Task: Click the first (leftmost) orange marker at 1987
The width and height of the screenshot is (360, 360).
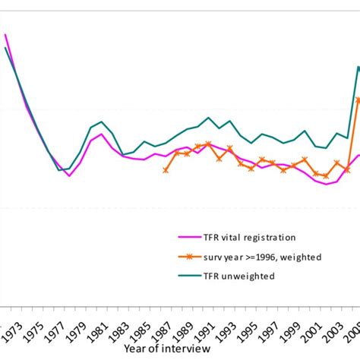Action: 166,169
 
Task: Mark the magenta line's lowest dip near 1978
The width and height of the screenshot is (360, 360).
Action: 69,176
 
